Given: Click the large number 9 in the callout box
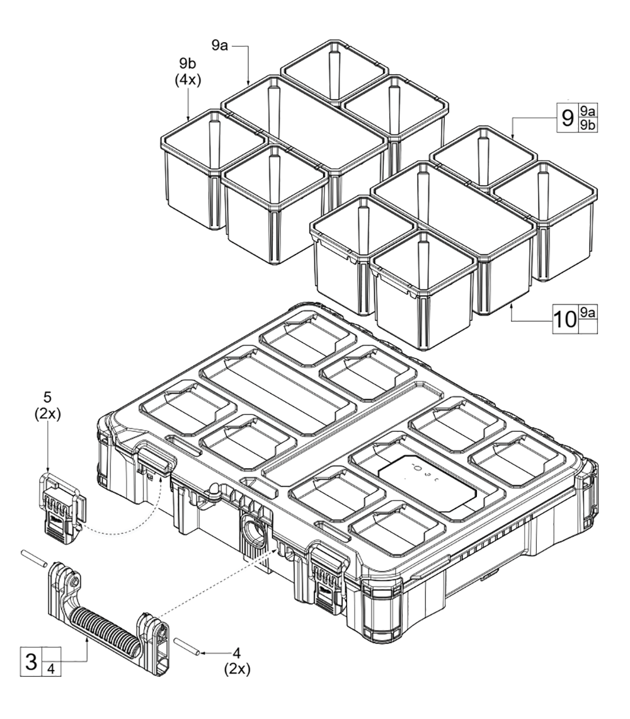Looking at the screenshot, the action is coord(568,118).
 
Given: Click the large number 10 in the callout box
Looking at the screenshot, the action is coord(565,319).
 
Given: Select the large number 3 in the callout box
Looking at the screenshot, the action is coord(31,662).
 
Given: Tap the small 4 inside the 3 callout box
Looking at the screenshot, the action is coord(52,669).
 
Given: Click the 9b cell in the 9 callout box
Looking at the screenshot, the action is coord(588,125).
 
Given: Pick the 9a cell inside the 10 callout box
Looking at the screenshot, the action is coord(588,313).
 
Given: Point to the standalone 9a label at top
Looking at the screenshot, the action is coord(220,46).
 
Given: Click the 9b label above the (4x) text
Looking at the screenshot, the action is coord(188,64).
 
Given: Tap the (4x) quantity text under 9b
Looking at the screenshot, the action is coord(188,80).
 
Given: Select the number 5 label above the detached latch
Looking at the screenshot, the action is coord(48,397).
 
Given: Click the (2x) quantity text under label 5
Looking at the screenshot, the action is coord(48,413).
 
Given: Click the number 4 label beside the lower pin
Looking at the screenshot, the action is coord(237,652).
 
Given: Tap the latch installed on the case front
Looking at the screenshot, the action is coord(328,577).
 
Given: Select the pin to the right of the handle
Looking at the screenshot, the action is coord(186,645).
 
